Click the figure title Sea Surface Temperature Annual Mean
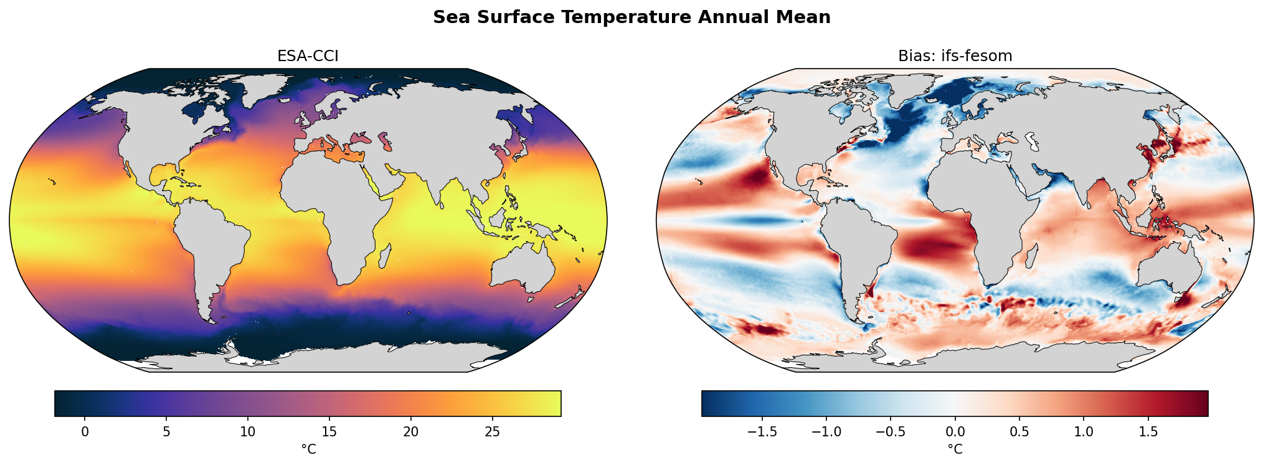631,17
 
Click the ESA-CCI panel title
308,56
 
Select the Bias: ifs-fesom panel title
955,56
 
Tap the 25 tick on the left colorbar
492,431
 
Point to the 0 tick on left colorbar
85,431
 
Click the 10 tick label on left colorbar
248,431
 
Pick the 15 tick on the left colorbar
329,431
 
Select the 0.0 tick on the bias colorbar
955,431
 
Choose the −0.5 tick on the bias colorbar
890,431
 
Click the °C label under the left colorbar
308,449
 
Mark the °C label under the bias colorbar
955,449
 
